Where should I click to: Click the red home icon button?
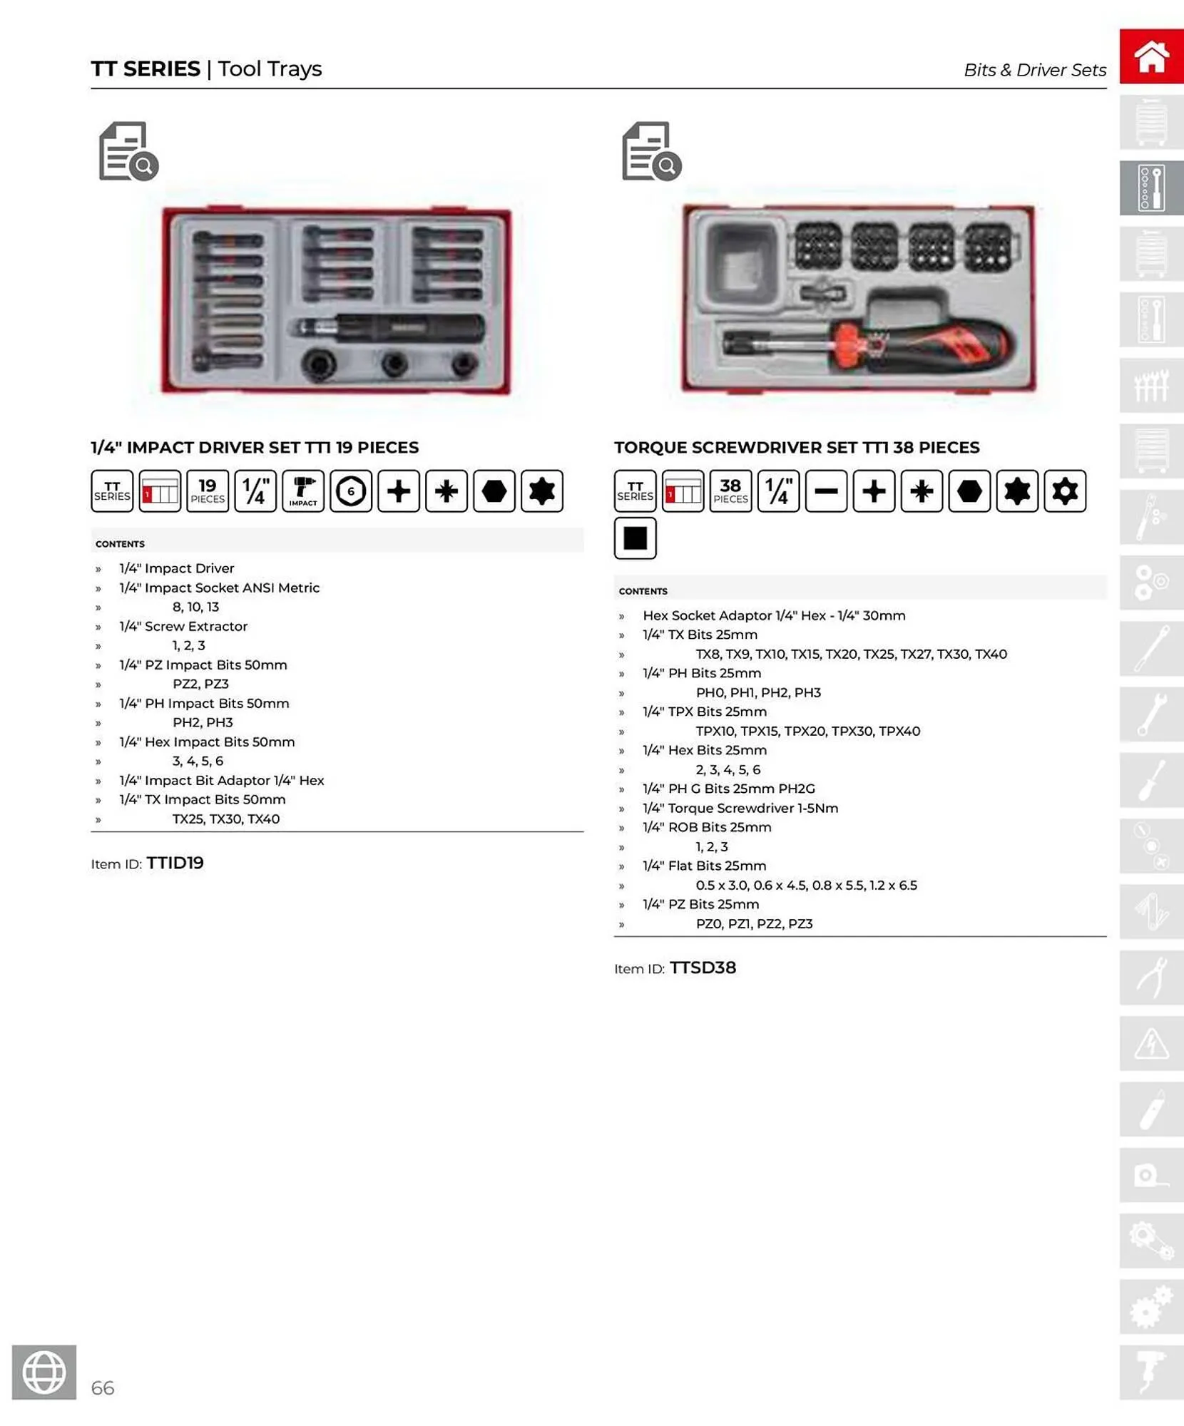pyautogui.click(x=1150, y=56)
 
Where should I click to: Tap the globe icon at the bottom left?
pyautogui.click(x=44, y=1372)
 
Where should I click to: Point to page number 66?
pyautogui.click(x=103, y=1387)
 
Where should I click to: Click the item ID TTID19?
pyautogui.click(x=175, y=863)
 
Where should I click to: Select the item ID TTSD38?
pyautogui.click(x=703, y=968)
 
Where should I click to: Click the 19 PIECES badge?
pyautogui.click(x=208, y=491)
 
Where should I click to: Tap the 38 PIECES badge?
pyautogui.click(x=730, y=491)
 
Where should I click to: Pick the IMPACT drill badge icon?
pyautogui.click(x=303, y=491)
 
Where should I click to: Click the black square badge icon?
pyautogui.click(x=635, y=538)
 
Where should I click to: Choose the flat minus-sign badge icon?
pyautogui.click(x=826, y=491)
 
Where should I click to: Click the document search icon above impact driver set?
pyautogui.click(x=128, y=151)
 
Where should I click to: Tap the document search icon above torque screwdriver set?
pyautogui.click(x=651, y=151)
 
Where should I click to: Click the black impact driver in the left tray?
pyautogui.click(x=389, y=329)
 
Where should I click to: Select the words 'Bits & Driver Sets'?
pyautogui.click(x=1034, y=70)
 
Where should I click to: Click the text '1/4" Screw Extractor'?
pyautogui.click(x=183, y=626)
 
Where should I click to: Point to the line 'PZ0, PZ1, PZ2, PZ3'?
pyautogui.click(x=754, y=923)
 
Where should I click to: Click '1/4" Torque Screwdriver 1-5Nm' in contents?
pyautogui.click(x=740, y=808)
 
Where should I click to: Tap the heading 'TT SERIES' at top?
pyautogui.click(x=146, y=68)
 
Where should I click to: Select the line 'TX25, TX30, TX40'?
pyautogui.click(x=226, y=819)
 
